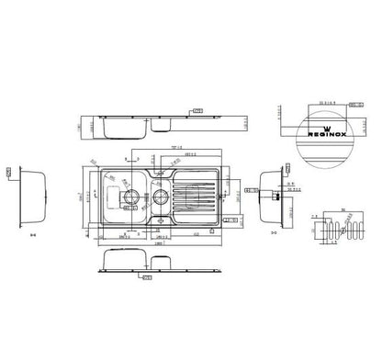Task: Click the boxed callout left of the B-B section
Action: (x=7, y=172)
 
